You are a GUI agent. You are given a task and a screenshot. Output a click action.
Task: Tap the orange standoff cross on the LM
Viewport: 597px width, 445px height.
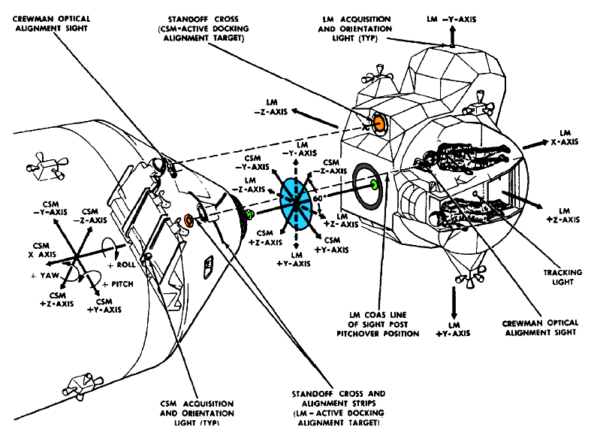(378, 123)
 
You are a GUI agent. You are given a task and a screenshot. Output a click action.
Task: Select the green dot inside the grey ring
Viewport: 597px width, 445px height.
(373, 184)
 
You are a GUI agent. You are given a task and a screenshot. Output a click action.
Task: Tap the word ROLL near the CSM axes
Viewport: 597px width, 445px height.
(122, 265)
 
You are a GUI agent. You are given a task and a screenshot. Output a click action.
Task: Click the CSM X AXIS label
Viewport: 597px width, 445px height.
(43, 250)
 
